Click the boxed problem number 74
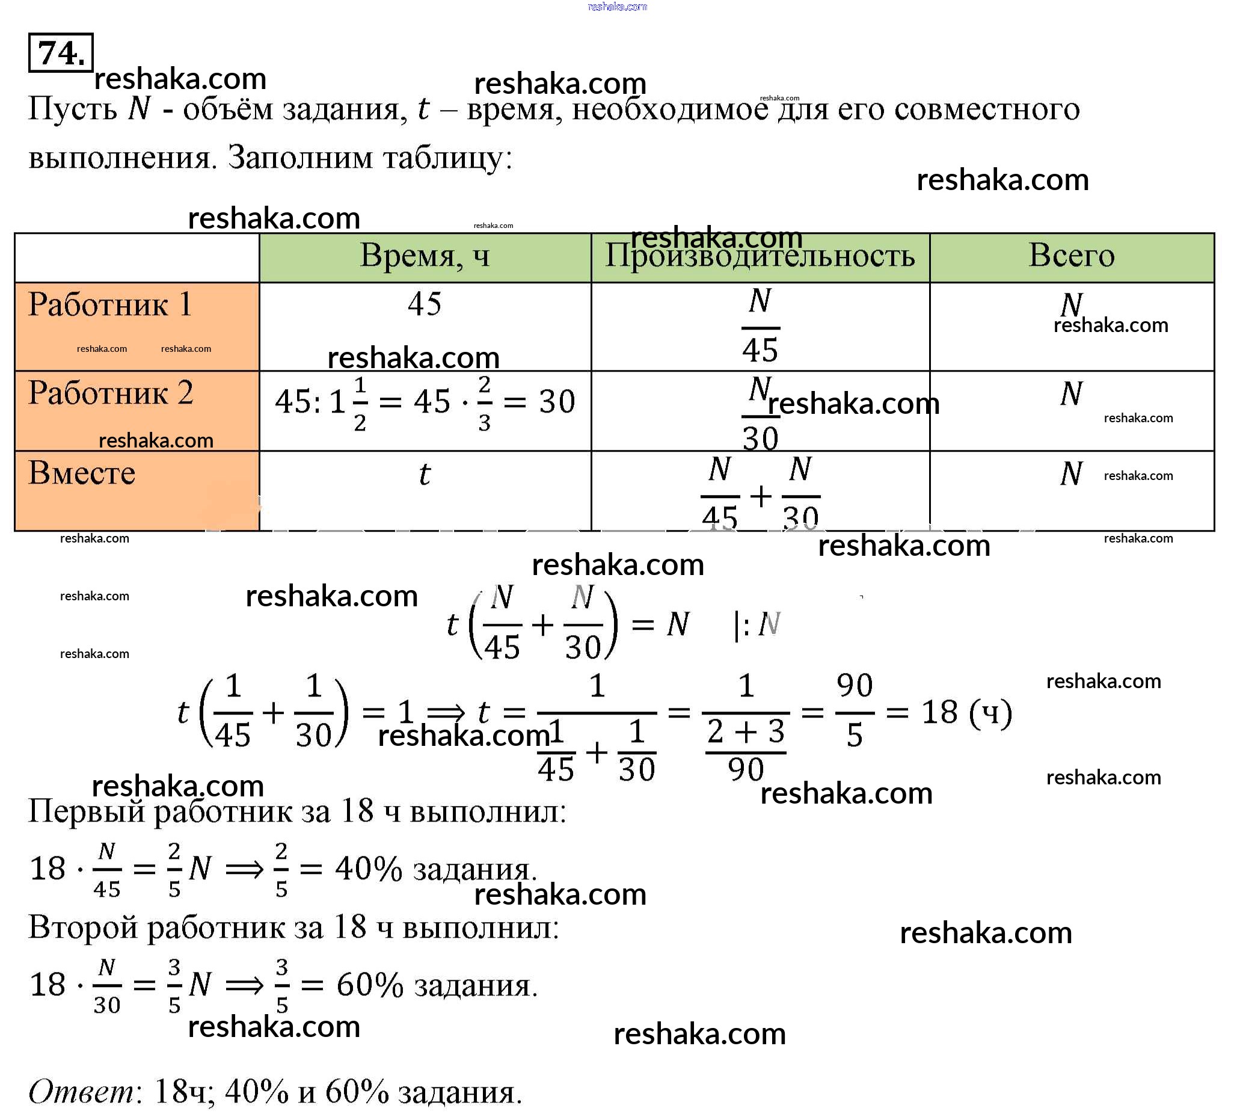tap(61, 54)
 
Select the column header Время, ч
tap(425, 256)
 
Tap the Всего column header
tap(1071, 256)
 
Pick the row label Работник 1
tap(110, 304)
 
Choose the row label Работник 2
tap(111, 393)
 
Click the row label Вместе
tap(82, 473)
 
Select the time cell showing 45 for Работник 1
tap(425, 304)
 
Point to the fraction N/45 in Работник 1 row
tap(760, 326)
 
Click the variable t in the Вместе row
tap(425, 475)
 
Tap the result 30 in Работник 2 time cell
tap(557, 402)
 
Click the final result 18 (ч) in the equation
tap(966, 712)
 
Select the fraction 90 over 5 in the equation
tap(855, 710)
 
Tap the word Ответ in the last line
tap(82, 1092)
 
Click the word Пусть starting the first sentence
tap(73, 110)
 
